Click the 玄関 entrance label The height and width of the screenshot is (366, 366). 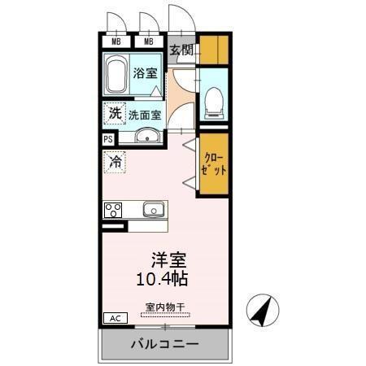click(181, 50)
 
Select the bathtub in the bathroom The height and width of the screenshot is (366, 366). click(116, 74)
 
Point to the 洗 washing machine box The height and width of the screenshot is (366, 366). click(114, 114)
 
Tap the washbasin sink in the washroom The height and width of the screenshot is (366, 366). click(147, 136)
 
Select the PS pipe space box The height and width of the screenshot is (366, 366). click(108, 139)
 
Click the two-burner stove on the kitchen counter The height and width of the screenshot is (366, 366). click(112, 209)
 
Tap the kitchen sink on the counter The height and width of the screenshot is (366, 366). click(154, 209)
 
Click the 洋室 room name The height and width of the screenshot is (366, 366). click(169, 261)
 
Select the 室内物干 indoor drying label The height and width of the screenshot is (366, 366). click(165, 307)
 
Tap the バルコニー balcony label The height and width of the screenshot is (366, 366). click(165, 345)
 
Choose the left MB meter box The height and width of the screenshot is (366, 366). click(116, 42)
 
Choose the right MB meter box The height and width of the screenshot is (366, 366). click(148, 42)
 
